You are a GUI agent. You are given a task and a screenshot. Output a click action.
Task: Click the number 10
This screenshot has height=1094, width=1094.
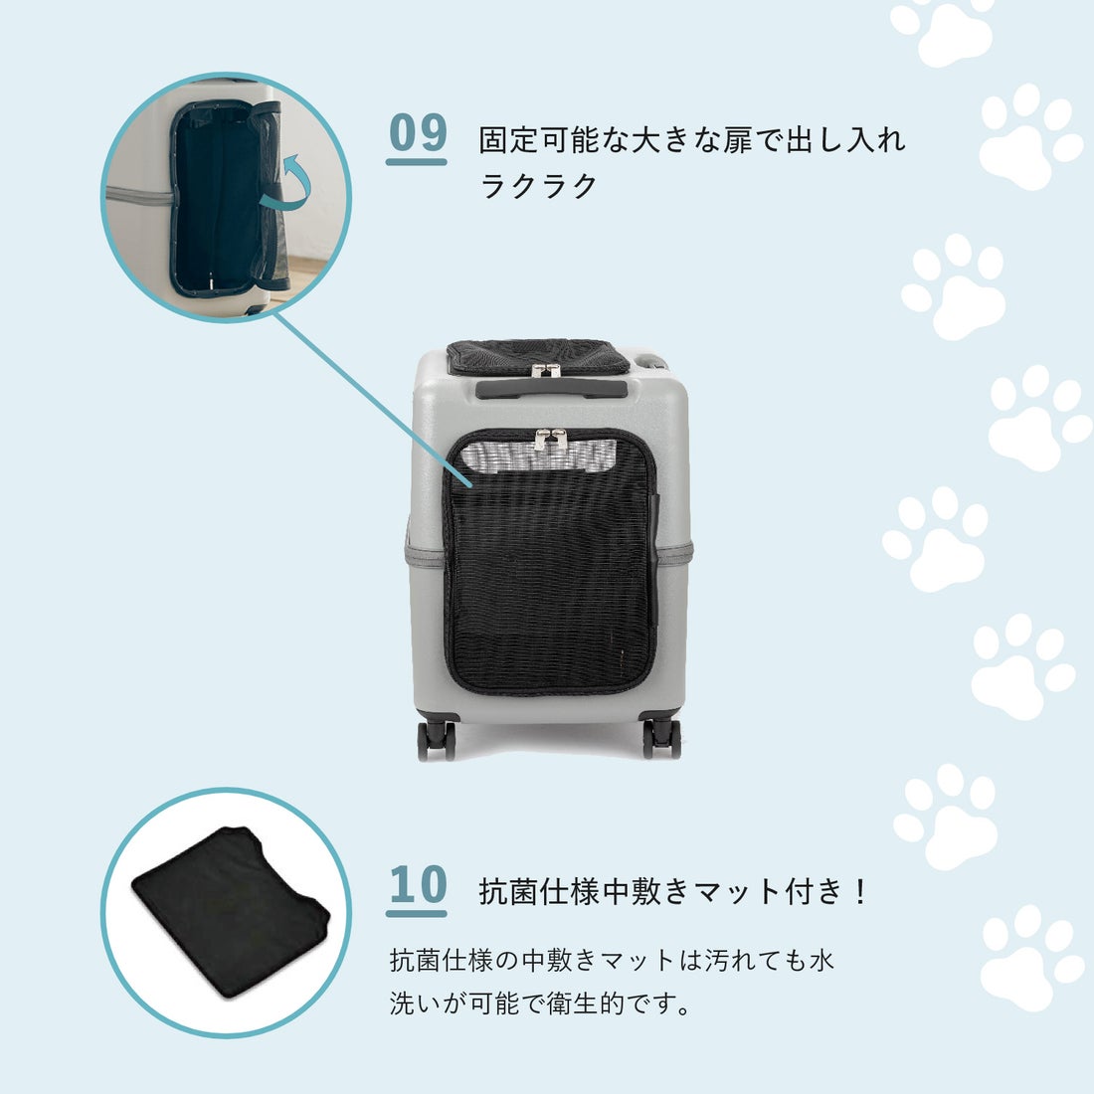click(418, 885)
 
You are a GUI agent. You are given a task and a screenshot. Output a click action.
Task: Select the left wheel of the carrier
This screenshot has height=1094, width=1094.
click(436, 739)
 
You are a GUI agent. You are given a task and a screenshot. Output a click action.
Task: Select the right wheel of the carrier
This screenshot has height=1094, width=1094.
click(661, 737)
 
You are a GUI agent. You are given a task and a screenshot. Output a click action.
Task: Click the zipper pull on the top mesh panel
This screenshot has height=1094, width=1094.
click(543, 370)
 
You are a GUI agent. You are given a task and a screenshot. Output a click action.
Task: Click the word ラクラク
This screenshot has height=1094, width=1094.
click(538, 186)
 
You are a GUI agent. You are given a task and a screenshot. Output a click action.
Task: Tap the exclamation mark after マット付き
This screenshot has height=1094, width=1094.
click(860, 891)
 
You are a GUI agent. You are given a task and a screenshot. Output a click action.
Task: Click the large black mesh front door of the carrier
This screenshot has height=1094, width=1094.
click(549, 587)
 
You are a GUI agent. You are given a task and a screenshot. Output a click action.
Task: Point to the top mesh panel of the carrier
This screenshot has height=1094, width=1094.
click(537, 354)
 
